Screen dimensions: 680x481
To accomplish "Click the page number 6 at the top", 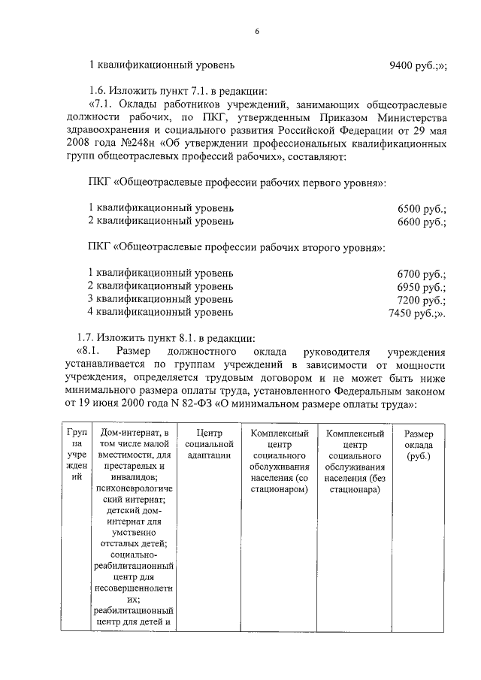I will tap(257, 31).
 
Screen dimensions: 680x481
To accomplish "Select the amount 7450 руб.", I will tap(416, 312).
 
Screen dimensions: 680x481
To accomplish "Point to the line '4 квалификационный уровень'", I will tap(161, 312).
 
